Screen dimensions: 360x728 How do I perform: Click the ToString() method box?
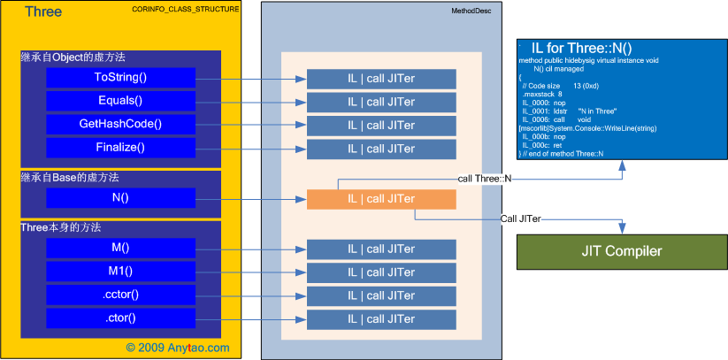tap(120, 78)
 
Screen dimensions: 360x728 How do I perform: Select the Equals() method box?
tap(120, 101)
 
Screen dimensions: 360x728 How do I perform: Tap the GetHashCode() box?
tap(120, 124)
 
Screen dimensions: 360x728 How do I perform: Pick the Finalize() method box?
tap(120, 147)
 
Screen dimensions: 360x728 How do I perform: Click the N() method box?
tap(120, 197)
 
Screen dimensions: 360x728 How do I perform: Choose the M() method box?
tap(120, 248)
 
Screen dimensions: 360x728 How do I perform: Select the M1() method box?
tap(120, 271)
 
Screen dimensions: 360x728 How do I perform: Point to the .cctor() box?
tap(120, 294)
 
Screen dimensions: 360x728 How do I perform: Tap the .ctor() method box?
tap(120, 317)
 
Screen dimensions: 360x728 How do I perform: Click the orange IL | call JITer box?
tap(381, 199)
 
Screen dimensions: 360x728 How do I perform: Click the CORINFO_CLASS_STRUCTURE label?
tap(190, 10)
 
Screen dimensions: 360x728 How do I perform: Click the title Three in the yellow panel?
tap(43, 11)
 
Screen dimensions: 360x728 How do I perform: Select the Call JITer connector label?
tap(521, 218)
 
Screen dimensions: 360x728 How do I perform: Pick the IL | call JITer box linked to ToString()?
tap(381, 78)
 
